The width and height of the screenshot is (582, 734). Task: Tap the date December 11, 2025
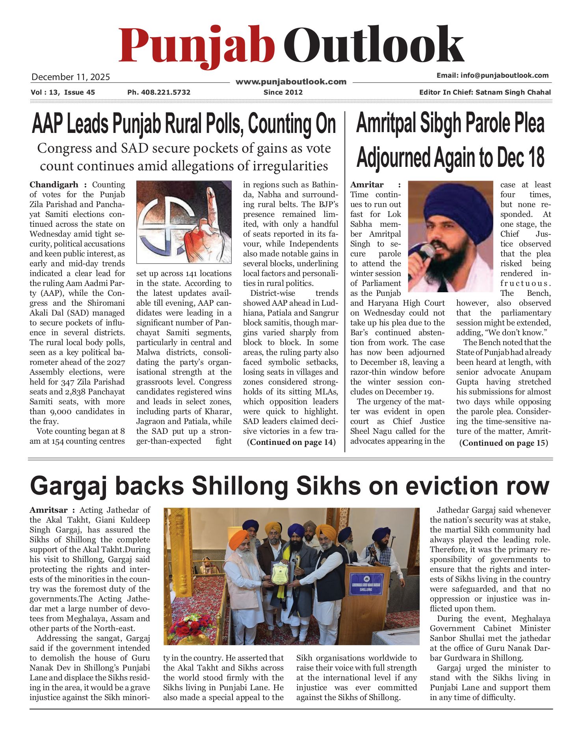(x=71, y=77)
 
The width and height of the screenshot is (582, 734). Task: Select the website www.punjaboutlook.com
(x=291, y=82)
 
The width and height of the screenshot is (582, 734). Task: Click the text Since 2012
(x=283, y=92)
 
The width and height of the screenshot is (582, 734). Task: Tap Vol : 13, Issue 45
(x=63, y=92)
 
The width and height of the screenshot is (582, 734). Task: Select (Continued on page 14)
(x=291, y=442)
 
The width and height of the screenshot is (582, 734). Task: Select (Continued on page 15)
(x=503, y=443)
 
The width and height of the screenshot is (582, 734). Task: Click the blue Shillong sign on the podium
(x=366, y=584)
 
